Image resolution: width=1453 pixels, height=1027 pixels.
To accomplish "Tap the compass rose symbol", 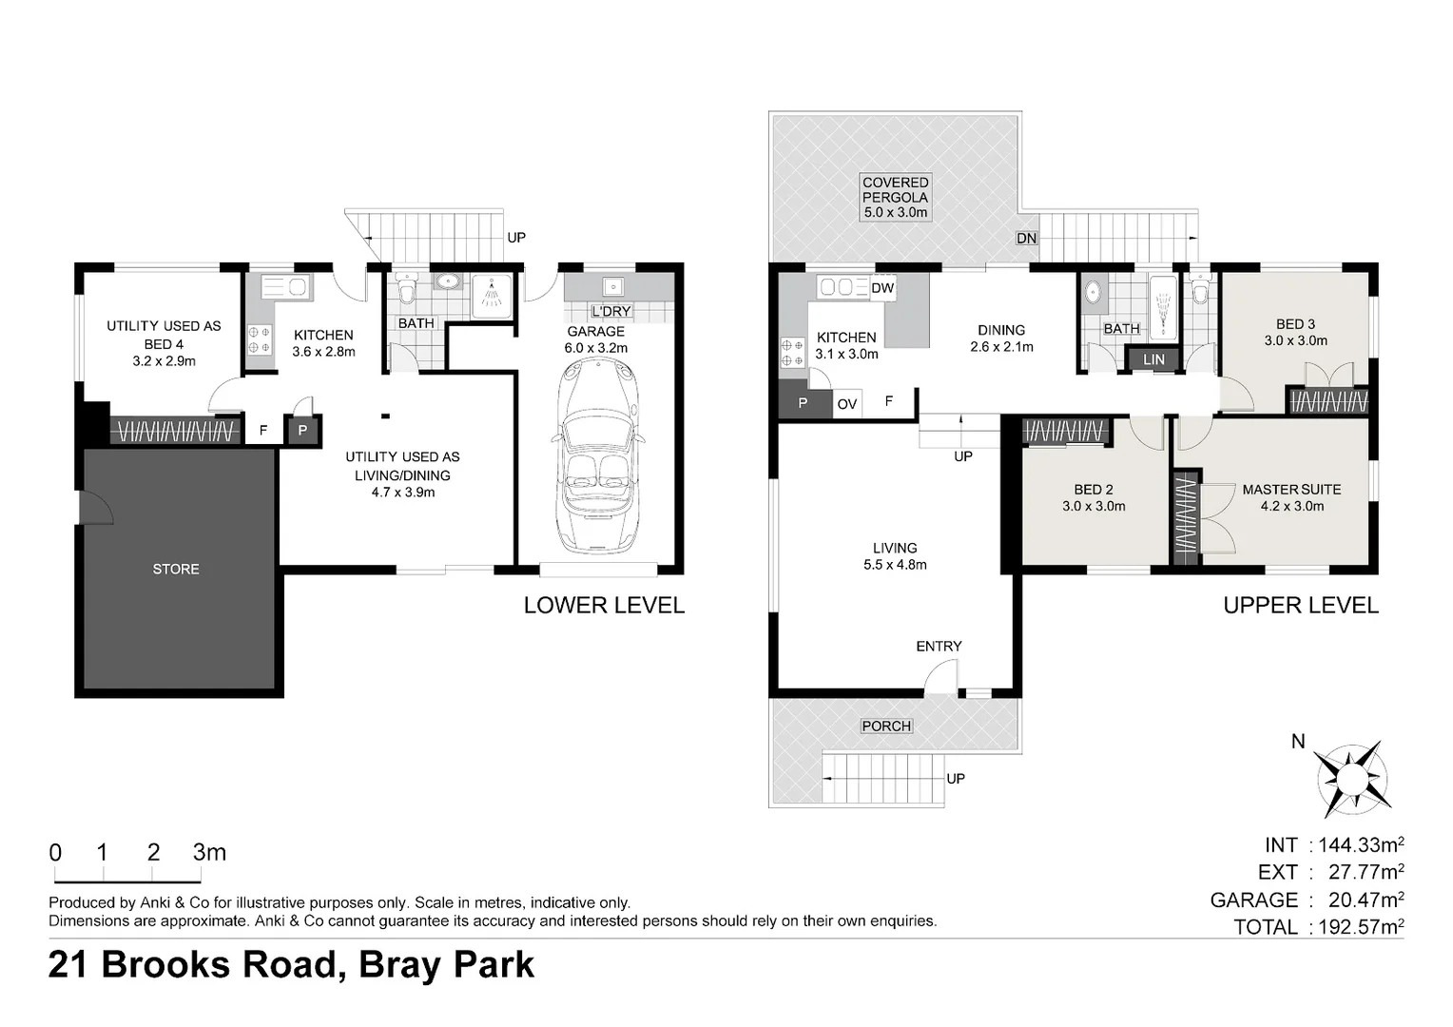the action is (x=1352, y=778).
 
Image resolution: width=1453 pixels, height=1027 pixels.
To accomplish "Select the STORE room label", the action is (x=176, y=569).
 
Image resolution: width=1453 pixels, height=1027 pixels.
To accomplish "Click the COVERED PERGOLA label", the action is (x=895, y=189).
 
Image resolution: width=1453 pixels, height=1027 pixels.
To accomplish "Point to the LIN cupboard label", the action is (x=1153, y=359).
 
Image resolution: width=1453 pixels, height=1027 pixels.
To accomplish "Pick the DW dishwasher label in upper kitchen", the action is (x=882, y=288).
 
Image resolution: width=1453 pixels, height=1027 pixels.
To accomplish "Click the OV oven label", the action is (x=846, y=404).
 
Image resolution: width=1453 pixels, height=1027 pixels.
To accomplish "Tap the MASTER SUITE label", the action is (x=1291, y=489).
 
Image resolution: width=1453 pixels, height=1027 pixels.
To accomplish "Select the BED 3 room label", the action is (x=1295, y=323).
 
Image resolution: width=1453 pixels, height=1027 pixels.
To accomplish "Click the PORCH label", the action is (x=886, y=726).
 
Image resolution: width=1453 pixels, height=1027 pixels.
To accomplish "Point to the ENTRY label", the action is (x=939, y=646).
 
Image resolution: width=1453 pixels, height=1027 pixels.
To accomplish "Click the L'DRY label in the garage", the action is (x=611, y=311).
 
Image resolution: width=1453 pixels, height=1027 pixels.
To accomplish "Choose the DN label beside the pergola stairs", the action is (x=1026, y=238).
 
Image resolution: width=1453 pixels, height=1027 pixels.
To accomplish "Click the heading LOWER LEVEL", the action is (x=604, y=606).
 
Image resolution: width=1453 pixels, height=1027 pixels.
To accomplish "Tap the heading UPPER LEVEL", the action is (x=1301, y=606).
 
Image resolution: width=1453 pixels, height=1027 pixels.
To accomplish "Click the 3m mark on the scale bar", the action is (x=209, y=852).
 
